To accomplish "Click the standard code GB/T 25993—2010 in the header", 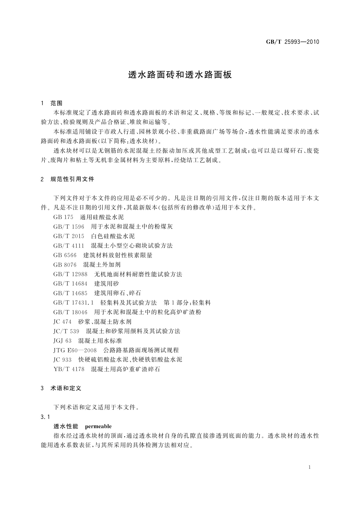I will point(292,42).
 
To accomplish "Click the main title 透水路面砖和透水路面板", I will point(180,75).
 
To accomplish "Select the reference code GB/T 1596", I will point(69,226).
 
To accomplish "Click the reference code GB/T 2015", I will point(69,236).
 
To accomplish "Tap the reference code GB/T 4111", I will point(69,246).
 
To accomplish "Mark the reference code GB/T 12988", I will point(70,274).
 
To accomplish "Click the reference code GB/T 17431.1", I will point(74,303).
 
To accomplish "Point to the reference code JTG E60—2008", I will point(75,350).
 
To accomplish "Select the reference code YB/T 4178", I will point(69,369).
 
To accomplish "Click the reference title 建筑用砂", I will point(107,284).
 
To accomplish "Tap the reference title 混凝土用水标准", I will point(100,341).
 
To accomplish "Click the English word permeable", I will point(98,426).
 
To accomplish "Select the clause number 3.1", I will point(45,417).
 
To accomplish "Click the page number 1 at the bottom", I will point(310,467).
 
